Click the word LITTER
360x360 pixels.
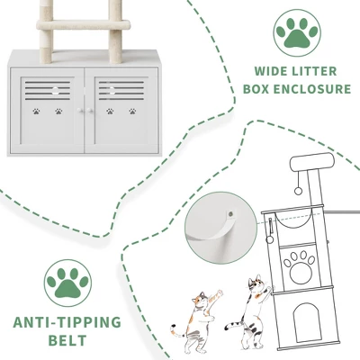pos(316,72)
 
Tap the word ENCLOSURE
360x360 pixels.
pos(312,89)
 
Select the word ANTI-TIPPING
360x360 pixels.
pos(67,322)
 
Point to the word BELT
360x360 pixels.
pos(67,341)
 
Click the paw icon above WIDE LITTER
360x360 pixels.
pos(297,32)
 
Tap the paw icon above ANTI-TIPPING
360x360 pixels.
pos(67,283)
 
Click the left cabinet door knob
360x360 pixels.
pos(80,111)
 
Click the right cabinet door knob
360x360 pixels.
pos(89,111)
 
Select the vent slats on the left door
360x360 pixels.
pos(48,90)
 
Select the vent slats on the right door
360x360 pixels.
pos(121,90)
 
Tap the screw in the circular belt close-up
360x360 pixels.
pos(230,214)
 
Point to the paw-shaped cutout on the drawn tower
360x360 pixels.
pos(300,266)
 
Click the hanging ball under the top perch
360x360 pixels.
pos(298,191)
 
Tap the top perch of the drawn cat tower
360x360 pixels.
pos(312,162)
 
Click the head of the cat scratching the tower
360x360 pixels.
pos(256,283)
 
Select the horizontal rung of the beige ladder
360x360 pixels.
pos(84,24)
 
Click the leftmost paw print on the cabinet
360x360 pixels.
pos(36,112)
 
